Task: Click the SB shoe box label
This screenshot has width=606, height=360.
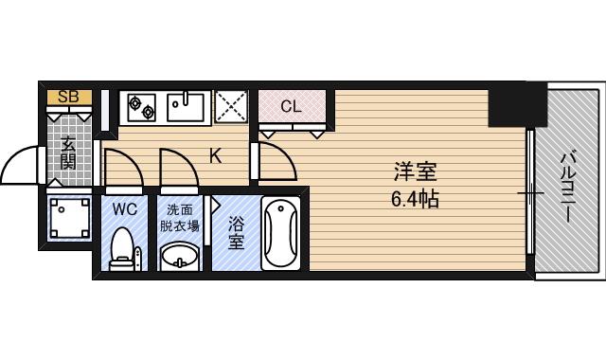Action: pos(68,97)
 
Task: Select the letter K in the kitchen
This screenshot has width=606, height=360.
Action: pos(215,156)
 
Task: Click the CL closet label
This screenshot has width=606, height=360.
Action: pos(291,106)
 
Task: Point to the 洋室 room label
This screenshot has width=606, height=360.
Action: pos(415,171)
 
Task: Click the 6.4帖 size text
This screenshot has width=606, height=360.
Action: pos(415,200)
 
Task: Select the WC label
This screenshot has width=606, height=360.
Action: pos(124,209)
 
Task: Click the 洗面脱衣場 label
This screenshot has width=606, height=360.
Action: pos(180,218)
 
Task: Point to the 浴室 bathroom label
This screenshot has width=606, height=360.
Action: pos(236,232)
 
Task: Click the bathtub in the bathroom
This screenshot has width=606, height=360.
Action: pos(280,233)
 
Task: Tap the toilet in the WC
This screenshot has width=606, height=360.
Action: pos(122,248)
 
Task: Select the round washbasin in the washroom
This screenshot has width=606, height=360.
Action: pos(179,256)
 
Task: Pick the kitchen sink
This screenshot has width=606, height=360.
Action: pos(186,107)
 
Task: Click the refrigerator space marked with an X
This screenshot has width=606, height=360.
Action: pos(231,106)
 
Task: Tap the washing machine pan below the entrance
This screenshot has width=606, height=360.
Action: pos(69,218)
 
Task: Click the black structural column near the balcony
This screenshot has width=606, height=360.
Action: pos(518,104)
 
